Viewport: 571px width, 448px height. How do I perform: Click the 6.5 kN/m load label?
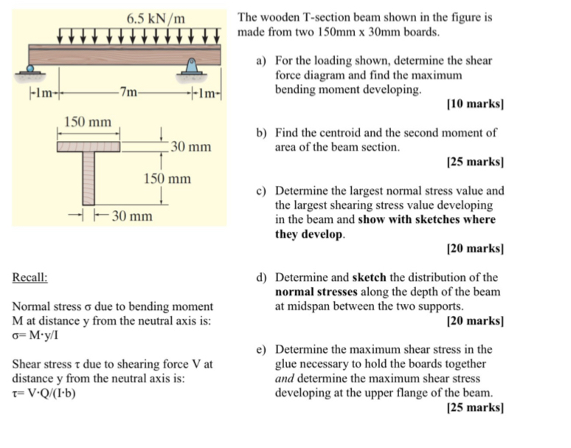pos(155,17)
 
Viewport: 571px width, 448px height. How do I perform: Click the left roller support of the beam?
pos(30,71)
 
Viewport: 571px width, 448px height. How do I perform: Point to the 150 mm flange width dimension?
pos(88,122)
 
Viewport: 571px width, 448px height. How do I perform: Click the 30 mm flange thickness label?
pos(190,147)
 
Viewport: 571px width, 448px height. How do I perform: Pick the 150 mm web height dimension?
pos(167,178)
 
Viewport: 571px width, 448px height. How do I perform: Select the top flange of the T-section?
pos(89,145)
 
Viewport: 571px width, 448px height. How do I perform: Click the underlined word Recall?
pos(30,278)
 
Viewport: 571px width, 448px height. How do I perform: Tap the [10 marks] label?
pos(476,104)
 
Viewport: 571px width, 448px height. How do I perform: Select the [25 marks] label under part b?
pos(476,161)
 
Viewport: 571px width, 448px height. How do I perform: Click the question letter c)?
pos(261,190)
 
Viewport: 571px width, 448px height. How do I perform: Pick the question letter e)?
pos(261,349)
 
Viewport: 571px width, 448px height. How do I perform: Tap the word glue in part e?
pos(287,363)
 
